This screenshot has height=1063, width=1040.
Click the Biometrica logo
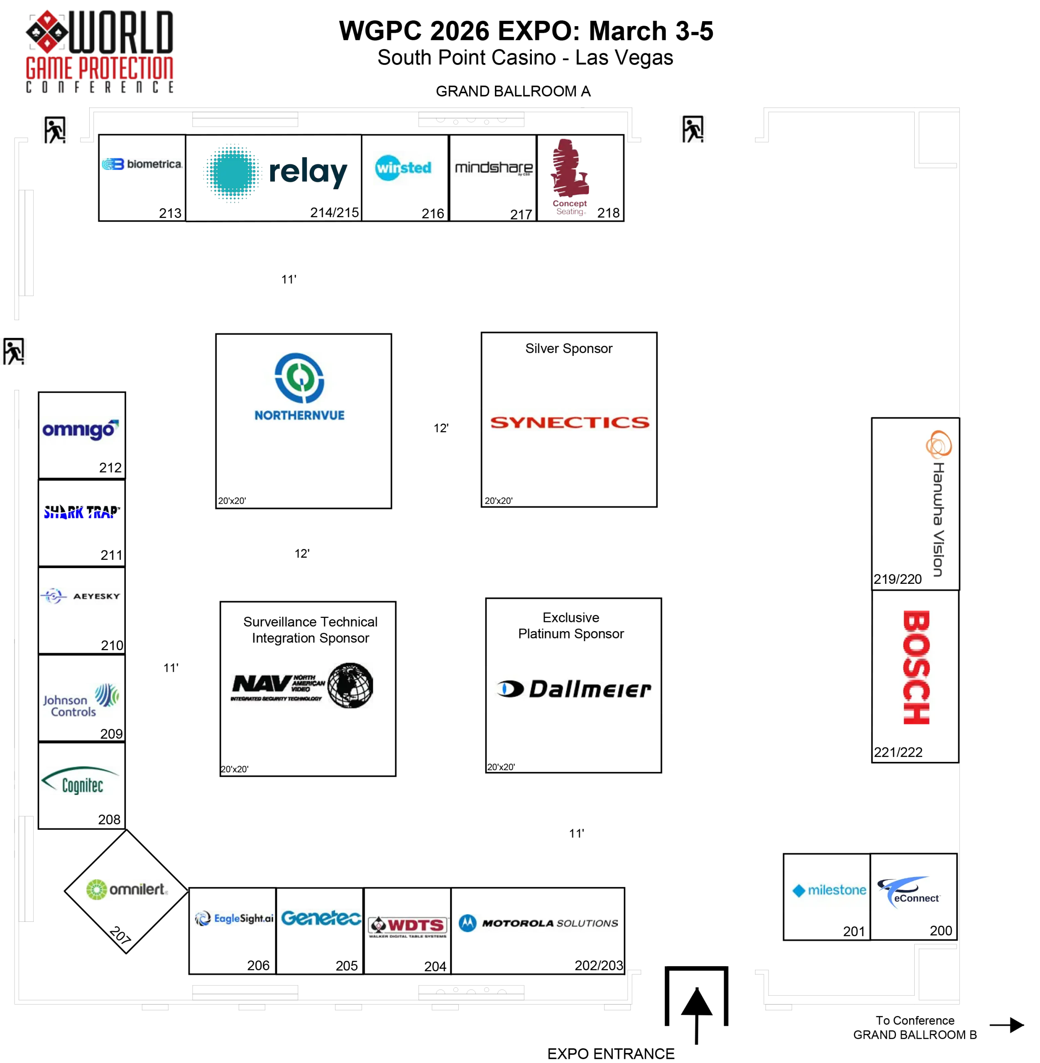pyautogui.click(x=142, y=164)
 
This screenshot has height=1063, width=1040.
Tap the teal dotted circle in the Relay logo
pyautogui.click(x=232, y=174)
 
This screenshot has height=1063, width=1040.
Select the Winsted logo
pyautogui.click(x=403, y=168)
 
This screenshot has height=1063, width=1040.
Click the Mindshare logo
pyautogui.click(x=493, y=169)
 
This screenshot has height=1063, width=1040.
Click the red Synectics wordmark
pyautogui.click(x=569, y=422)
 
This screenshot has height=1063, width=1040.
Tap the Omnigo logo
pyautogui.click(x=81, y=431)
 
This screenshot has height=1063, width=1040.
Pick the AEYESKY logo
pyautogui.click(x=81, y=596)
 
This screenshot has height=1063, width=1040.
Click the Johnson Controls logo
pyautogui.click(x=81, y=699)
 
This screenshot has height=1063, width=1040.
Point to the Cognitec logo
pyautogui.click(x=81, y=781)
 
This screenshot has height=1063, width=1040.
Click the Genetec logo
pyautogui.click(x=320, y=918)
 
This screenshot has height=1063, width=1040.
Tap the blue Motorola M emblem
pyautogui.click(x=467, y=923)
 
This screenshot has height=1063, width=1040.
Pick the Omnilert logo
pyautogui.click(x=128, y=890)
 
